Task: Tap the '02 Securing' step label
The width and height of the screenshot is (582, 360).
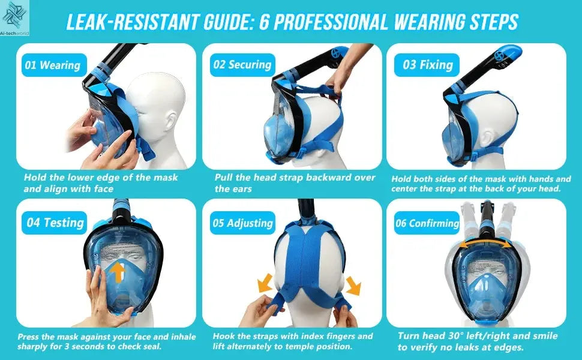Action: (242, 65)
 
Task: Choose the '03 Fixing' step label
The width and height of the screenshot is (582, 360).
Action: (427, 65)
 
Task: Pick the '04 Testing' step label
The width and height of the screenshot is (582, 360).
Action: (55, 223)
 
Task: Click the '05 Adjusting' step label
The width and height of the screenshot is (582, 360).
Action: (242, 223)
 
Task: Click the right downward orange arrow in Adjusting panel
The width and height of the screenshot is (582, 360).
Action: (353, 284)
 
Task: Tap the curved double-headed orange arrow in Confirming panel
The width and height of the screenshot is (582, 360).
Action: (488, 242)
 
